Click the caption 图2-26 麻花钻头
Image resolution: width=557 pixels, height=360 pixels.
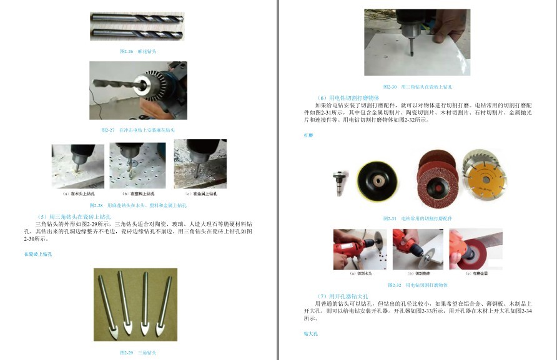click(x=138, y=51)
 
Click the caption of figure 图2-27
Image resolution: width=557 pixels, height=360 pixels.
click(x=138, y=130)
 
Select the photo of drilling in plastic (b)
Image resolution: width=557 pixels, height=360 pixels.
click(x=137, y=165)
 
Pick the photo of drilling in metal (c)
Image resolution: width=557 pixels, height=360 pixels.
click(x=200, y=165)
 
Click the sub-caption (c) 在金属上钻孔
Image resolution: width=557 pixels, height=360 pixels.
click(x=200, y=194)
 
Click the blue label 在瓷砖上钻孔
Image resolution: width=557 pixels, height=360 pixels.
click(x=38, y=254)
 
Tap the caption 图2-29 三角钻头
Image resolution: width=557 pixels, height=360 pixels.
click(x=138, y=353)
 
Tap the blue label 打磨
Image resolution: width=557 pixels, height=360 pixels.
click(x=308, y=135)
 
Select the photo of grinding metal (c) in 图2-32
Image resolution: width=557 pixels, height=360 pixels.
click(x=476, y=249)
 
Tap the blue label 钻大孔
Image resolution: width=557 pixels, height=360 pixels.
click(x=311, y=334)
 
